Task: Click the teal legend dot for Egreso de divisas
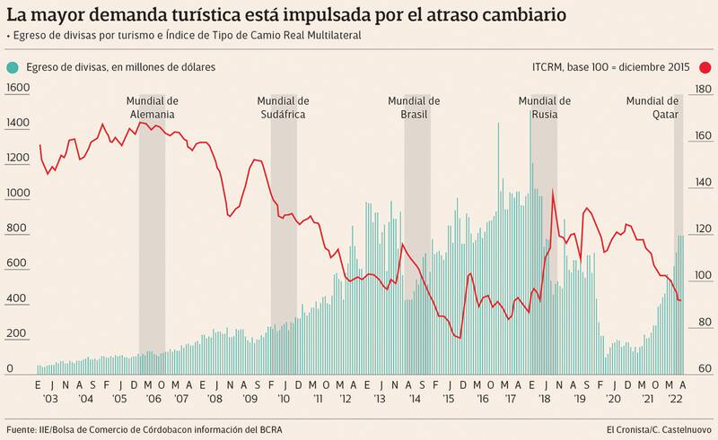[12, 67]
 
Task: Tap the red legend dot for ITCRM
[706, 67]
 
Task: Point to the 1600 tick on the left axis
[18, 88]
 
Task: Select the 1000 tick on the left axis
[18, 193]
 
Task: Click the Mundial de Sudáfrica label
[283, 108]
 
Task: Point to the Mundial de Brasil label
[415, 108]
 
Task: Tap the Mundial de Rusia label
[545, 108]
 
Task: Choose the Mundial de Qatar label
[652, 108]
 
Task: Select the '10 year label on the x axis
[284, 400]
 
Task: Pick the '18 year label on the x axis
[545, 400]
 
